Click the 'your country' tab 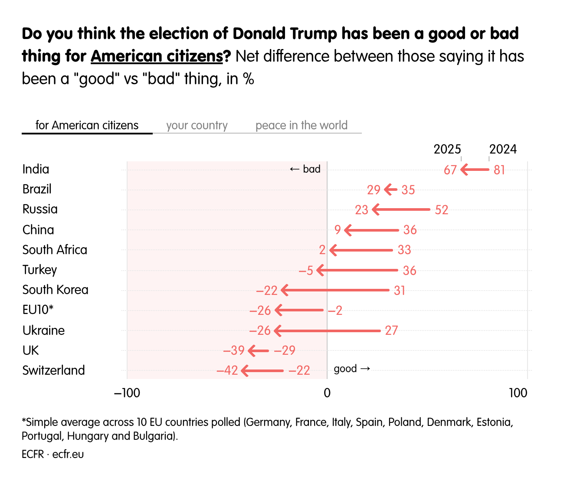[x=197, y=125]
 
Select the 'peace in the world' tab [x=301, y=125]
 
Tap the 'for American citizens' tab [x=87, y=125]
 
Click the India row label [x=36, y=169]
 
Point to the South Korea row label [x=55, y=290]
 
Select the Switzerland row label [x=53, y=370]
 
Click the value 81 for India [x=499, y=170]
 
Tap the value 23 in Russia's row [x=361, y=210]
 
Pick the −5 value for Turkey [x=306, y=271]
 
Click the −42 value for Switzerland [x=227, y=370]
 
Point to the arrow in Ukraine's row [x=328, y=331]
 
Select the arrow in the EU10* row [x=299, y=310]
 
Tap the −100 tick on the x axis [x=127, y=393]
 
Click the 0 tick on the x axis [x=327, y=393]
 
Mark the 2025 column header [x=447, y=149]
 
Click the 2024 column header [x=503, y=149]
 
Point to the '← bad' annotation [x=305, y=169]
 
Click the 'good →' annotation [x=352, y=369]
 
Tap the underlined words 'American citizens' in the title [x=157, y=56]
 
